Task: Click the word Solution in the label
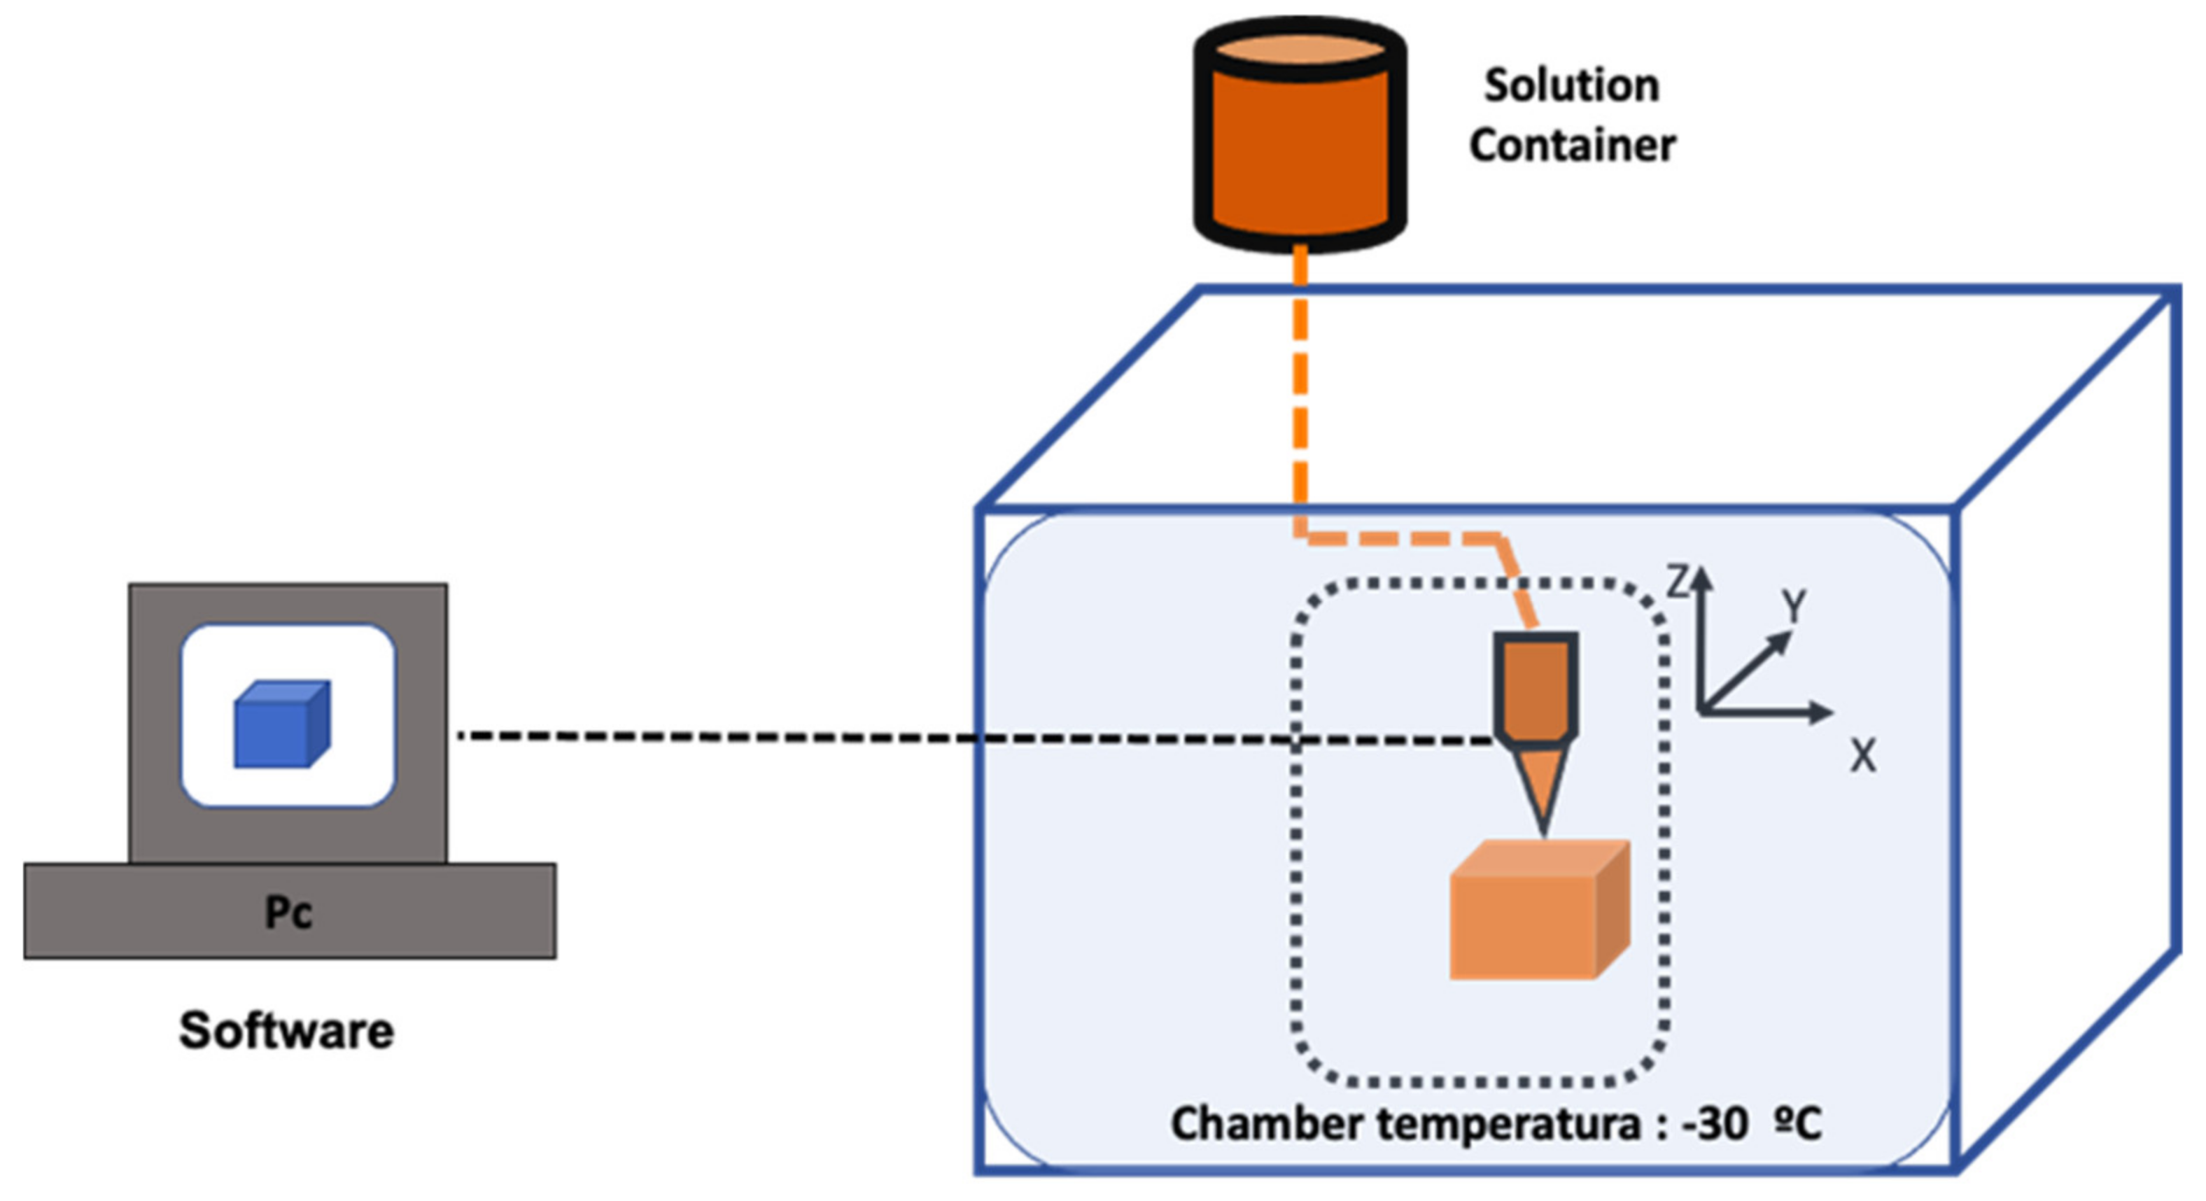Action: point(1571,85)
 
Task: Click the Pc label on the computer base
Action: point(288,913)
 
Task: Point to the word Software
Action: point(286,1030)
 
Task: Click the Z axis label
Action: point(1678,582)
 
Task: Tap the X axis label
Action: point(1862,757)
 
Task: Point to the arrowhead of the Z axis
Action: point(1701,578)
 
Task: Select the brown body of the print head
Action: point(1536,685)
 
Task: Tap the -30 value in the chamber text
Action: point(1715,1124)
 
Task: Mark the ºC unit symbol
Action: point(1797,1124)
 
